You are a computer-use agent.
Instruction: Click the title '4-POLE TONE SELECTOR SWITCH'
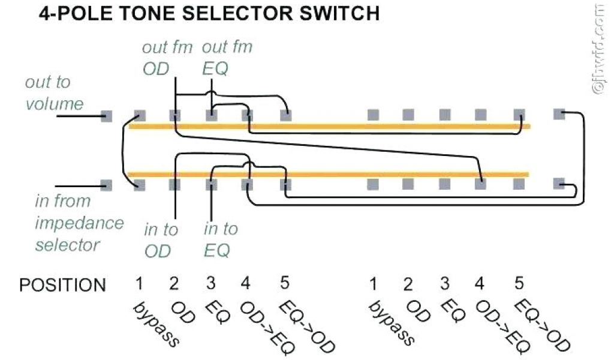pos(209,13)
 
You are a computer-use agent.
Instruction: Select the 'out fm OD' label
pos(166,58)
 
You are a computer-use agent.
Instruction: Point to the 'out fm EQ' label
pos(227,58)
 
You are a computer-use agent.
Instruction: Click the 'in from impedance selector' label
pos(78,223)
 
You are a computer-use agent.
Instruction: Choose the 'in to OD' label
pos(160,239)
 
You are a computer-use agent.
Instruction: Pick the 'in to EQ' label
pos(221,239)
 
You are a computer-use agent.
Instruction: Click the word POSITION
pos(62,285)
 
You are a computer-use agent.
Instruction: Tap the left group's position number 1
pos(139,283)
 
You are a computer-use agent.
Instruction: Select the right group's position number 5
pos(519,283)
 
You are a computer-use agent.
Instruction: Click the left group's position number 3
pos(211,283)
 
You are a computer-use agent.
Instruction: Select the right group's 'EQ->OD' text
pos(543,325)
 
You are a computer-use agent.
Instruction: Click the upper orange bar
pos(329,127)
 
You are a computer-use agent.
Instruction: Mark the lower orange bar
pos(329,175)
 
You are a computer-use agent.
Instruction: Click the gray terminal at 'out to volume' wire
pos(107,116)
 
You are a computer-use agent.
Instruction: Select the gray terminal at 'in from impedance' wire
pos(107,184)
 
